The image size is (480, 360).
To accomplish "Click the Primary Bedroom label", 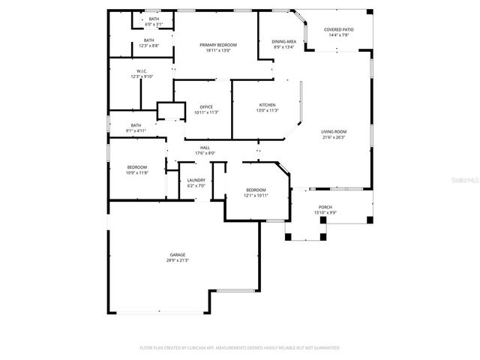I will (218, 45).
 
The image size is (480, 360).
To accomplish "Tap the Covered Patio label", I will (338, 29).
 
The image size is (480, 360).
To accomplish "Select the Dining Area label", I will (283, 41).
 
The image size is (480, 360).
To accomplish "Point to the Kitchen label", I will (267, 105).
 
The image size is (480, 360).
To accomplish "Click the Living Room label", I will (332, 132).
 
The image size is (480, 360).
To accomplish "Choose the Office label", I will (206, 106).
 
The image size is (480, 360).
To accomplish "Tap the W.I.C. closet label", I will (141, 71).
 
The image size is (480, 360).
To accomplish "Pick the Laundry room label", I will (196, 180).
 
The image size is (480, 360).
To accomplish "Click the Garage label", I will (177, 255).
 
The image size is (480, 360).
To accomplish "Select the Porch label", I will (325, 207).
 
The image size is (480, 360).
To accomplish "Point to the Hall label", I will (205, 148).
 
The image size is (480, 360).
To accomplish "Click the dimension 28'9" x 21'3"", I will (178, 260).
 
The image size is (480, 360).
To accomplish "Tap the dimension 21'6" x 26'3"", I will (332, 137).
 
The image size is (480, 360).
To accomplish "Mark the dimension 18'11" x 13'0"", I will (218, 50).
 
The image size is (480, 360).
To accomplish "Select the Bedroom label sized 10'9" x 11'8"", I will (136, 166).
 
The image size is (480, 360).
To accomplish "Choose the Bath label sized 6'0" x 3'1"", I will (154, 19).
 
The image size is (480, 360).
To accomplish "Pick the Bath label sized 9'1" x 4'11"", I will (136, 125).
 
